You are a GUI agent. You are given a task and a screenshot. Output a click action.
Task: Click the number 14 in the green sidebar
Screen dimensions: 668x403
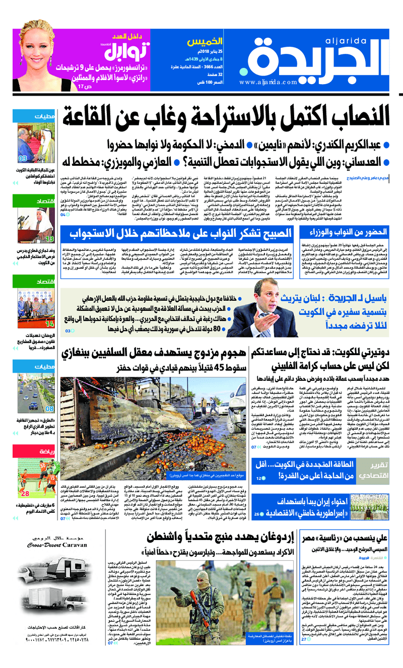point(49,324)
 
